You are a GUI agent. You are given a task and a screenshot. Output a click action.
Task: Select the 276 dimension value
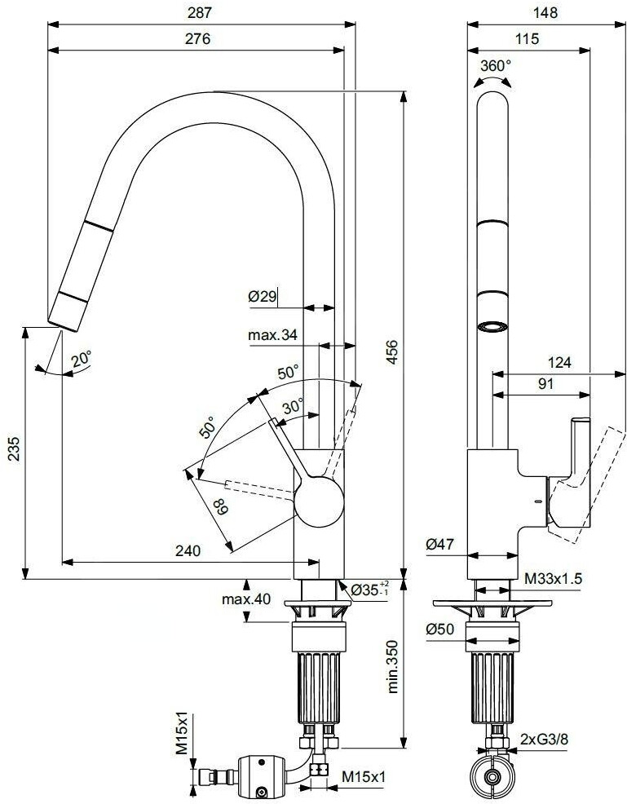click(x=197, y=38)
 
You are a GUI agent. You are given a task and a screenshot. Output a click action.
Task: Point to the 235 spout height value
click(x=12, y=452)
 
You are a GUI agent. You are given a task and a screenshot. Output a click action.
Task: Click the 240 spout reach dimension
click(x=188, y=550)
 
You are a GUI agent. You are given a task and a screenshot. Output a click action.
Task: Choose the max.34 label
click(x=272, y=334)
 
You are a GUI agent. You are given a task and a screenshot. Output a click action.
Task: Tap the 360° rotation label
click(x=496, y=65)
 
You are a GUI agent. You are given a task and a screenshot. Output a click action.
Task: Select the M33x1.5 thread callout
click(x=553, y=578)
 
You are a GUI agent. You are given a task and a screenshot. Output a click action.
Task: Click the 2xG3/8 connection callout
click(x=545, y=740)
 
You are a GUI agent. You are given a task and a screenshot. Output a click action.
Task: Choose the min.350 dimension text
click(x=393, y=664)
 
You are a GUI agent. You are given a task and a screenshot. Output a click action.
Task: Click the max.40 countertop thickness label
click(x=245, y=599)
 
